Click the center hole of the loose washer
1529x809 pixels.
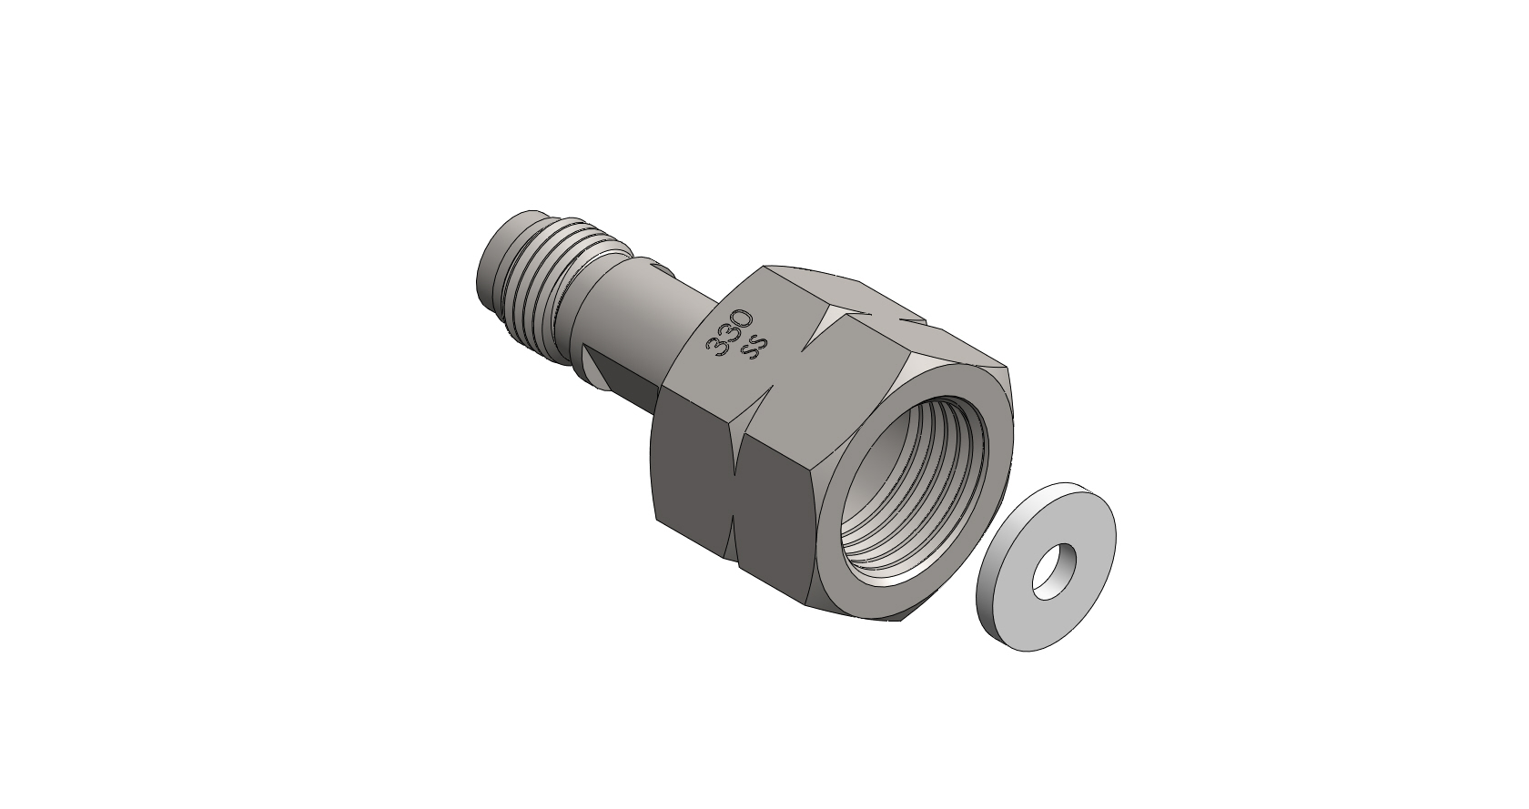pos(1053,571)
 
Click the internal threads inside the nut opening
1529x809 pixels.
pos(915,491)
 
